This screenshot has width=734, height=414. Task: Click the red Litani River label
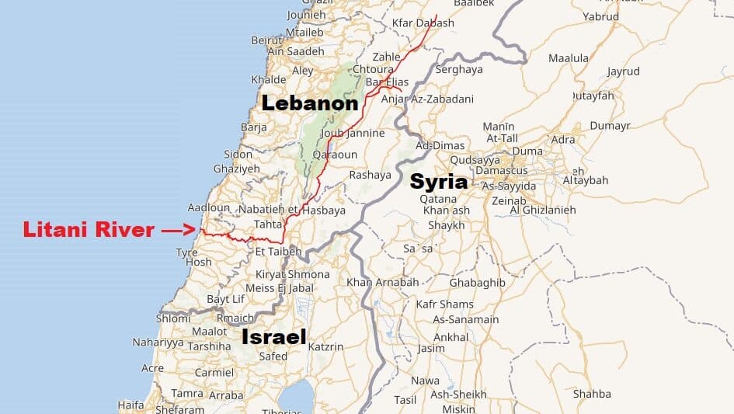(89, 230)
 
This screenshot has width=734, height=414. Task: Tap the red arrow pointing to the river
(177, 230)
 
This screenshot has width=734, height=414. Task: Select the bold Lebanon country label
(310, 103)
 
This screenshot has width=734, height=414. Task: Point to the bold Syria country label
(439, 182)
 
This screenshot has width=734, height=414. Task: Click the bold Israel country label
(273, 336)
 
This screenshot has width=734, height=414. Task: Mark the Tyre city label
(186, 252)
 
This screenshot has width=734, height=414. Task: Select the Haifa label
(130, 405)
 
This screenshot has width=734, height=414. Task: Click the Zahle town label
(386, 57)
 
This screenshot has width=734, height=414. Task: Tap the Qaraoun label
(334, 155)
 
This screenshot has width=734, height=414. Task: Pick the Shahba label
(592, 394)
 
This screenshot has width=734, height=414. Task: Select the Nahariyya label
(158, 342)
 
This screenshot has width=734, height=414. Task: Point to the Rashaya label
(370, 175)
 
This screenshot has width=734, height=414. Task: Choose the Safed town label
(273, 357)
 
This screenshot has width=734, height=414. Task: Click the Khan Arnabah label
(383, 282)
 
